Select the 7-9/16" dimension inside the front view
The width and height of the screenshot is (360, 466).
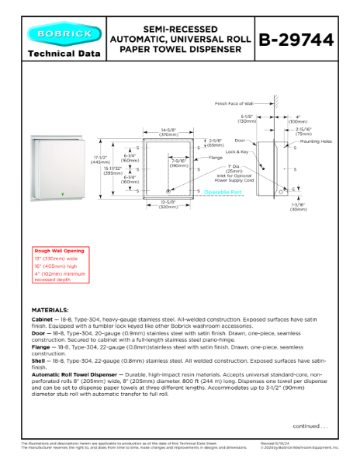point(178,162)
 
